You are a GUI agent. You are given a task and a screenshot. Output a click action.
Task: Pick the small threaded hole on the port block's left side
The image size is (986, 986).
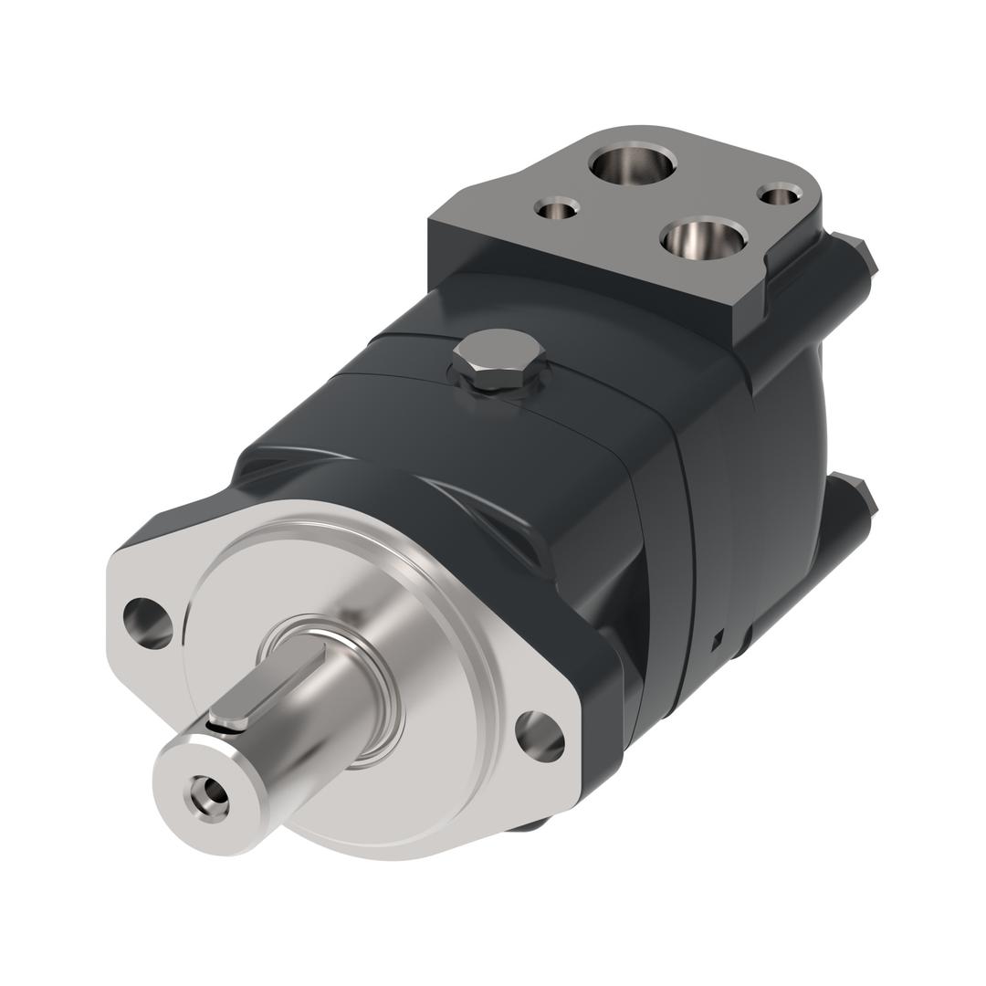click(556, 210)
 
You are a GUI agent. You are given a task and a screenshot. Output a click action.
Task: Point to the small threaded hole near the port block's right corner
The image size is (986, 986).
click(779, 194)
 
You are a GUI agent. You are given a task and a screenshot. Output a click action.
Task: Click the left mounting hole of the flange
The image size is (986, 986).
click(148, 623)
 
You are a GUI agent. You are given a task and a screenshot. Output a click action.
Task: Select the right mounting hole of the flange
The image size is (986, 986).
click(540, 736)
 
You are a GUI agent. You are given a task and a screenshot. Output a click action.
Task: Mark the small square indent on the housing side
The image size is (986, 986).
click(718, 639)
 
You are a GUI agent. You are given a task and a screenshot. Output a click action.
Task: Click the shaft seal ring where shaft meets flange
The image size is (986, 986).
click(383, 703)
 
